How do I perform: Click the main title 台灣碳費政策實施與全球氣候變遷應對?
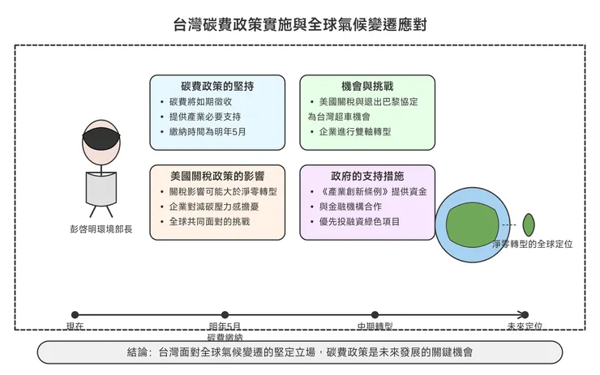300,24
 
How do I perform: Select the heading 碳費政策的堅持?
216,86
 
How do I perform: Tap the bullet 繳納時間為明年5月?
207,131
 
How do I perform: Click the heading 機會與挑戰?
367,86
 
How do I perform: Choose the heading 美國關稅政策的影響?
216,176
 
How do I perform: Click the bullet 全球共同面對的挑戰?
209,221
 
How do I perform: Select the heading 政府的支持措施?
367,176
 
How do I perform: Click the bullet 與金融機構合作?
352,207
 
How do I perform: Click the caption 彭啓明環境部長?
101,230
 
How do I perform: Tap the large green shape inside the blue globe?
470,224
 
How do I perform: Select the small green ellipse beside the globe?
529,224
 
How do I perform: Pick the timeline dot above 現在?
75,315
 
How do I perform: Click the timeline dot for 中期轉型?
375,315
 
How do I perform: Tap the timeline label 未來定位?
524,326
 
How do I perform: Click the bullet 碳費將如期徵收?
200,102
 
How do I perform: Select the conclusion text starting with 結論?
300,352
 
